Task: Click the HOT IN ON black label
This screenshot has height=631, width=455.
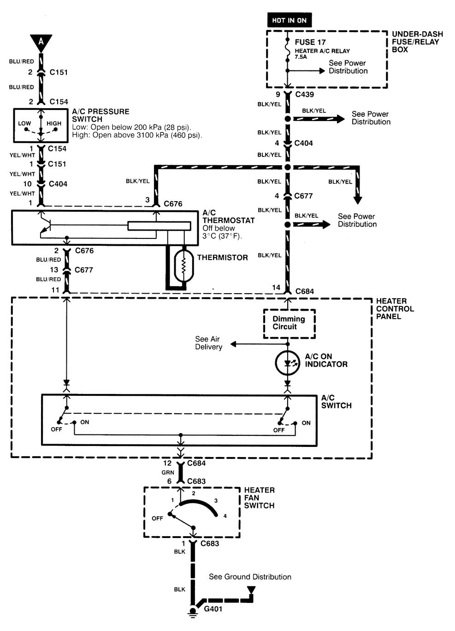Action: [x=289, y=20]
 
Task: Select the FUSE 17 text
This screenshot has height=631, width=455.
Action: [x=310, y=42]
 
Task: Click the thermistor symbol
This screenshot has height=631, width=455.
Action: [x=183, y=266]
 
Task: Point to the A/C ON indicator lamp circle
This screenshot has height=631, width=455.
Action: [x=288, y=363]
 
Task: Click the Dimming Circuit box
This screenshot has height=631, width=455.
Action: [x=289, y=323]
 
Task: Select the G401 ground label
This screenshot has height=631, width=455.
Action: [x=213, y=609]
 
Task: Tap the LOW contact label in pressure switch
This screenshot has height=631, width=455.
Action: [x=24, y=123]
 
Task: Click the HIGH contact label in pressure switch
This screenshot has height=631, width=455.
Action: [x=54, y=123]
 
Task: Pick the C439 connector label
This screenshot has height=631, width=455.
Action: [x=304, y=94]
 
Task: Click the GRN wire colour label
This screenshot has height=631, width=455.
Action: [x=168, y=473]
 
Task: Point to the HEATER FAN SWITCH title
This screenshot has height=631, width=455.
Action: [x=259, y=498]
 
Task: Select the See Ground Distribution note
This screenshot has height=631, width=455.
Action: [x=250, y=577]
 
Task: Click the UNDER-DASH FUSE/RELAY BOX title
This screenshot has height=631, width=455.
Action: [x=417, y=41]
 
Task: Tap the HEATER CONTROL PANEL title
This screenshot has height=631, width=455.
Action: [x=395, y=308]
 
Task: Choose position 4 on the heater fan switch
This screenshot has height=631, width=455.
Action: [x=225, y=516]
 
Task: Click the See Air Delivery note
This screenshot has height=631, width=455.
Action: [x=208, y=343]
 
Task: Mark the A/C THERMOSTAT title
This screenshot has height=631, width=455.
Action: [x=228, y=216]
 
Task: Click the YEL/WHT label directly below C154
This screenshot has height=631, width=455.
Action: [x=22, y=155]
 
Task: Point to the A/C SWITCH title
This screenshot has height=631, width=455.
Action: [x=336, y=401]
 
